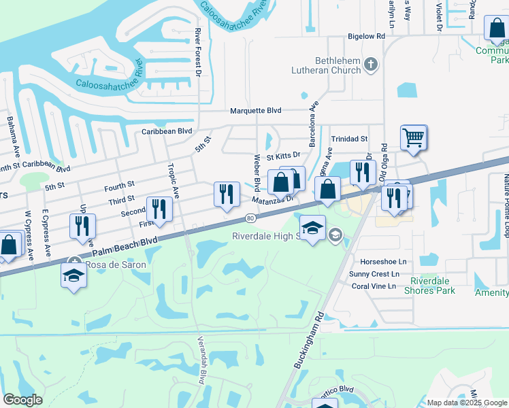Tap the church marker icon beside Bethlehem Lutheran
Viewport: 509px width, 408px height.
pos(371,65)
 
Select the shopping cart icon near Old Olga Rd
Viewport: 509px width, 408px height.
pos(413,138)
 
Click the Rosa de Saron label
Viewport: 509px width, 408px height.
pos(110,264)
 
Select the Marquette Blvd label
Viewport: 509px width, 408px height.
pos(255,110)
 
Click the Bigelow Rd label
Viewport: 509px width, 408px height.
pos(366,35)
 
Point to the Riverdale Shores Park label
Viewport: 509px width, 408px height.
pos(437,286)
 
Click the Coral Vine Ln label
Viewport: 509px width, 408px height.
pos(374,286)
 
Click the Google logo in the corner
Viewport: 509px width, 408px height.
pos(22,399)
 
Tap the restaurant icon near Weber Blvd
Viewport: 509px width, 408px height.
pos(227,194)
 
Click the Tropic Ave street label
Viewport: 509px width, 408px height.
pos(174,181)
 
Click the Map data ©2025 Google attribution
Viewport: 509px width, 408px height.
pos(467,403)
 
